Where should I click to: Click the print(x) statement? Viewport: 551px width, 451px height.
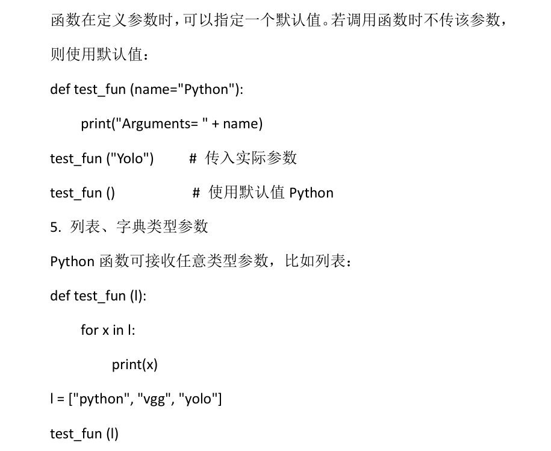pos(134,365)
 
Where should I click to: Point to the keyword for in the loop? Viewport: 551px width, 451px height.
pos(89,330)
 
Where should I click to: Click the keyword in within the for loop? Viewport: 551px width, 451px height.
pos(117,330)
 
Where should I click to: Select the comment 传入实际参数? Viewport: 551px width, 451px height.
pos(251,158)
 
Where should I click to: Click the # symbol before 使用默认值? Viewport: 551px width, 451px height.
pos(196,193)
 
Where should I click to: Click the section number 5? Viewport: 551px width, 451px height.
pos(54,227)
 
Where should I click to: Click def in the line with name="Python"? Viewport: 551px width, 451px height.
pos(60,90)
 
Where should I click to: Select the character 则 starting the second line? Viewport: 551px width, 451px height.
pos(57,55)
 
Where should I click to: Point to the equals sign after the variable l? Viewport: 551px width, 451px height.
pos(61,399)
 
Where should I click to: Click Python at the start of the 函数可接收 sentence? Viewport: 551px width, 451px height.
pos(72,262)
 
